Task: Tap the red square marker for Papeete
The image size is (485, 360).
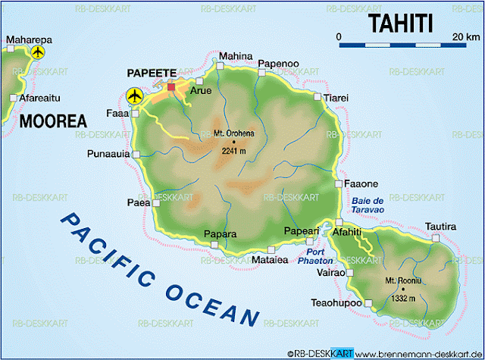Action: point(171,87)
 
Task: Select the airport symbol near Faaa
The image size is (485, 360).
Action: point(135,95)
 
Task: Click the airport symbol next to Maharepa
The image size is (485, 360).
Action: point(38,52)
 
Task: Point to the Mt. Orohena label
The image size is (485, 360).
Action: point(233,134)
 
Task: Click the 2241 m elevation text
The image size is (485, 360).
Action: point(233,150)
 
